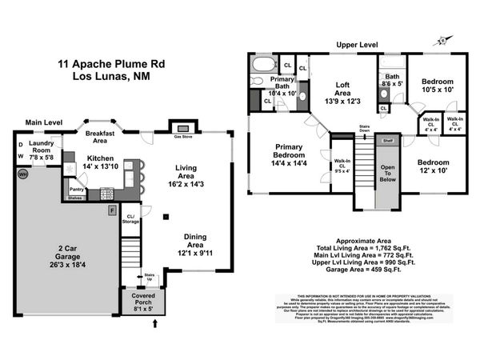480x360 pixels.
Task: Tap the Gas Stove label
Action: coord(182,138)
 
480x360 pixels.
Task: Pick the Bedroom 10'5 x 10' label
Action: coord(438,86)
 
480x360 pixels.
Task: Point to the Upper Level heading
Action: coord(357,45)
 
